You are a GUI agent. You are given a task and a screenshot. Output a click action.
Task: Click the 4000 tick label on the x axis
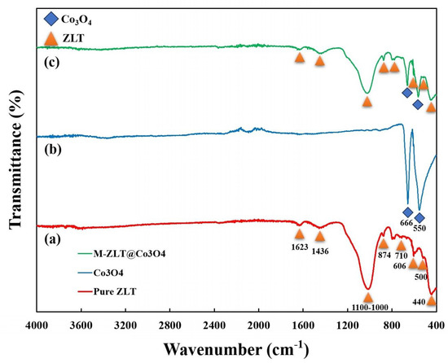37,326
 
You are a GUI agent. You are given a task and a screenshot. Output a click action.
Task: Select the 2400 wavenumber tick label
214,326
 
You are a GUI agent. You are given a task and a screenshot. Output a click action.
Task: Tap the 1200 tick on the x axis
348,326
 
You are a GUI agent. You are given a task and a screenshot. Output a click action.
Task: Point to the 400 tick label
436,326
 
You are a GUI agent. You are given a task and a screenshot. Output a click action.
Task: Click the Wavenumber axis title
236,348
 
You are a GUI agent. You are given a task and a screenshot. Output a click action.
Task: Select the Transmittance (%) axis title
15,158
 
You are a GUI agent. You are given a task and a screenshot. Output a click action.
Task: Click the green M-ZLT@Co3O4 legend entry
121,253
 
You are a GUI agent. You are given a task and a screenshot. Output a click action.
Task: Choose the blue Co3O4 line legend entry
100,273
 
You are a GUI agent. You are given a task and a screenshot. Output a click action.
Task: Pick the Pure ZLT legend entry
107,291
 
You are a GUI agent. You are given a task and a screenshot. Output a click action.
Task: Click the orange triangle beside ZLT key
51,38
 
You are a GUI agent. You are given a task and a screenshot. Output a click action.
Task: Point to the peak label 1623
300,247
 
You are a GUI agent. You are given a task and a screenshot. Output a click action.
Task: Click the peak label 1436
320,251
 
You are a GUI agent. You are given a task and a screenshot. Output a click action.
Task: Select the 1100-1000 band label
370,308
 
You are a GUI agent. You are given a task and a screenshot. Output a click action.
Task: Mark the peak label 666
406,222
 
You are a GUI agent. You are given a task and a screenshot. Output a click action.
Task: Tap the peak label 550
419,229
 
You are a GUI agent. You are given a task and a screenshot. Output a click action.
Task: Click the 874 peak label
384,255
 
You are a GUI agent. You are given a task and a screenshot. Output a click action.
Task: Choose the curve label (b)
53,150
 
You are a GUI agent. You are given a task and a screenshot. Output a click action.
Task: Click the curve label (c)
51,63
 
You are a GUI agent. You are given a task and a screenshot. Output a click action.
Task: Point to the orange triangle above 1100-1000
368,297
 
